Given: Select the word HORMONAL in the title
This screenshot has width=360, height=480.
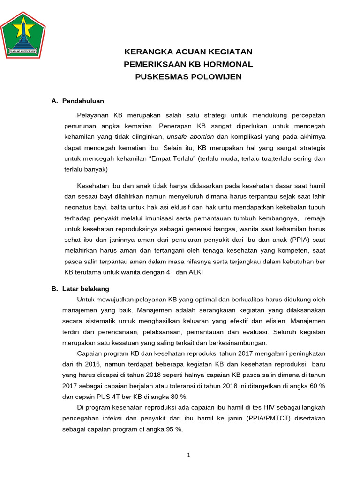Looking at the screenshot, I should (x=227, y=64).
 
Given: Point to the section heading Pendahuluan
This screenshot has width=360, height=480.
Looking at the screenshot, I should (x=83, y=101).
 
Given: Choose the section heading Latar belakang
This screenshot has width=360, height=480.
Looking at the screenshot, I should (x=85, y=289).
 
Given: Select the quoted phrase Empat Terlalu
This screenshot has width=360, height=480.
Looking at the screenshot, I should (x=172, y=158).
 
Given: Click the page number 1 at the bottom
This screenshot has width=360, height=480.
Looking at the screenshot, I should (x=188, y=455).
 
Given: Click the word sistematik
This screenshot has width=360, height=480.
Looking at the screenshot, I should (x=104, y=321).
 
